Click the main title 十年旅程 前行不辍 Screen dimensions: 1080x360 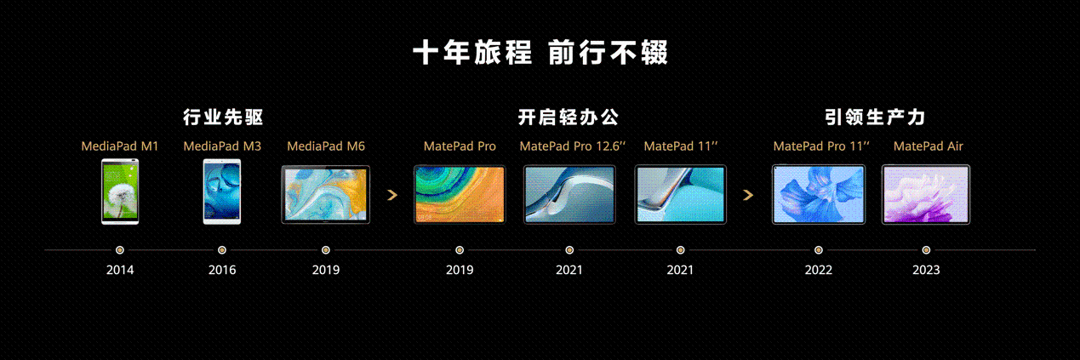click(540, 52)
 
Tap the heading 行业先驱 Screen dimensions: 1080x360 click(223, 117)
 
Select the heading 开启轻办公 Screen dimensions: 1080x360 click(569, 117)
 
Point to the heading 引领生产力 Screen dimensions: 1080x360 click(875, 117)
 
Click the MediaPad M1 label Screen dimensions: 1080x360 click(119, 146)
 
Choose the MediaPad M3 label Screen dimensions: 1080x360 click(222, 146)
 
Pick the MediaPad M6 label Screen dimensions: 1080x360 click(326, 146)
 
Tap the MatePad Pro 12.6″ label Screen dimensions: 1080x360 click(572, 146)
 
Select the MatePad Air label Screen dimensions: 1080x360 click(929, 146)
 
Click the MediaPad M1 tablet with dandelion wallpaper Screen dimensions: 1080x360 click(120, 191)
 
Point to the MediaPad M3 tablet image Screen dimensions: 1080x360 click(222, 191)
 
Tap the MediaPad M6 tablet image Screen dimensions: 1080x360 click(326, 194)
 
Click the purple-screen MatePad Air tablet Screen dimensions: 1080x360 click(926, 194)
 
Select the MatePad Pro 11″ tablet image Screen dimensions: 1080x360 click(819, 194)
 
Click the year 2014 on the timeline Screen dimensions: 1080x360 click(120, 270)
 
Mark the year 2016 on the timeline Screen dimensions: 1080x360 click(222, 270)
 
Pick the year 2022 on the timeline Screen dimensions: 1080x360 click(819, 270)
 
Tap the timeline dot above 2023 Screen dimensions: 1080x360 click(926, 250)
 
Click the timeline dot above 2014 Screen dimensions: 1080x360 click(120, 250)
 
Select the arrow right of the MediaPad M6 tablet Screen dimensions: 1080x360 click(392, 195)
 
